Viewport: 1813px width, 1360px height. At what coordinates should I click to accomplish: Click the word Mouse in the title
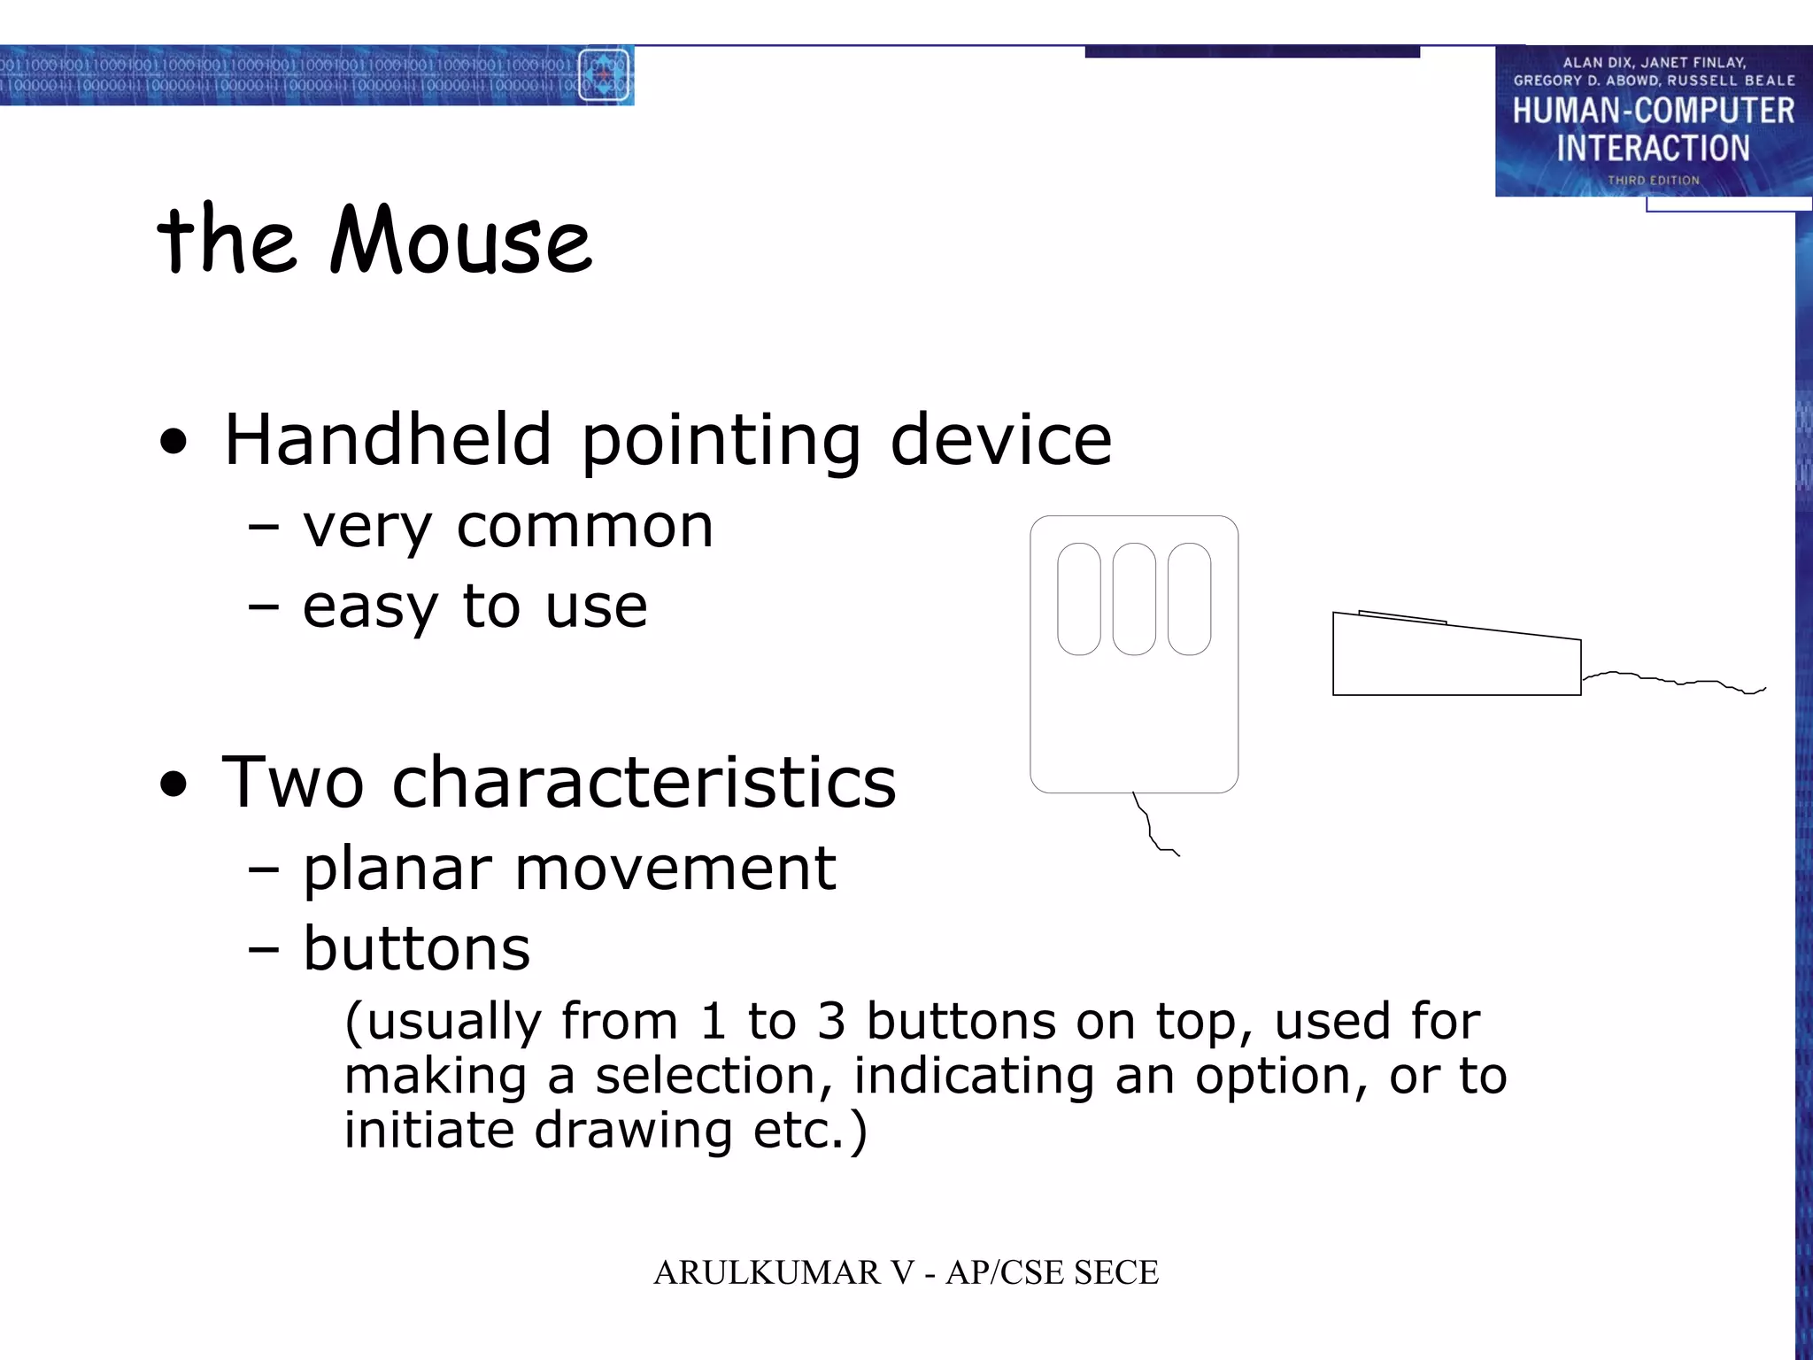pos(460,241)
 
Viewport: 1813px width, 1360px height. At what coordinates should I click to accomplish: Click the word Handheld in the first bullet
pos(388,440)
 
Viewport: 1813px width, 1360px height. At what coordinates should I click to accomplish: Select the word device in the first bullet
pos(1000,440)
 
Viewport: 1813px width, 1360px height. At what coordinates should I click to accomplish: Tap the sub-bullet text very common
pos(507,528)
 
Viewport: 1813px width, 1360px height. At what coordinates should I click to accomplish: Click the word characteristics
pos(644,783)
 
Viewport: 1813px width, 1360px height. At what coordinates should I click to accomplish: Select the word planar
pos(397,869)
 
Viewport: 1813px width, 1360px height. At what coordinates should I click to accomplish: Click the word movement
pos(675,869)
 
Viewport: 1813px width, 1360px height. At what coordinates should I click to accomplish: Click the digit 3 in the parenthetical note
pos(831,1022)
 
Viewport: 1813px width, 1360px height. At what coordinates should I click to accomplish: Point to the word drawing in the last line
pos(632,1131)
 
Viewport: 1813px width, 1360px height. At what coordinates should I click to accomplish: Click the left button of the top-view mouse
pos(1078,599)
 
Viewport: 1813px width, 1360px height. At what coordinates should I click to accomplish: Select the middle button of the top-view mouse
pos(1134,599)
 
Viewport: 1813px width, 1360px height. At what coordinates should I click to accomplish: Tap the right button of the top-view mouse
pos(1189,599)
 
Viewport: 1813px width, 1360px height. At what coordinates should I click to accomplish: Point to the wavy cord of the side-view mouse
pos(1673,681)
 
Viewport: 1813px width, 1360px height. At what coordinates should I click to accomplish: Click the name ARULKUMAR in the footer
pos(767,1273)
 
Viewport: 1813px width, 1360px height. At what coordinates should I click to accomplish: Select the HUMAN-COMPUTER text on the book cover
pos(1653,112)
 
